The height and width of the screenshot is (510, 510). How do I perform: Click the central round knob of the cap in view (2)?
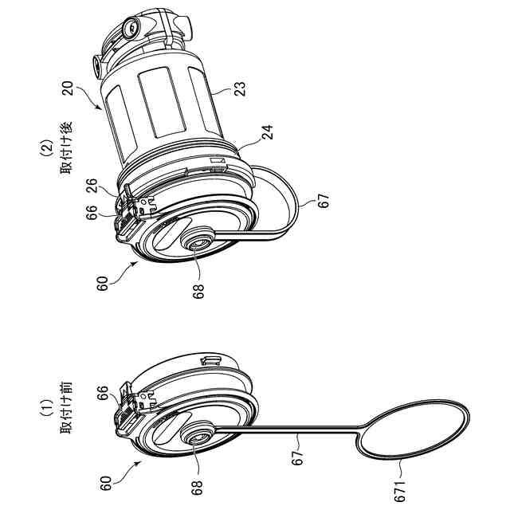point(198,241)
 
